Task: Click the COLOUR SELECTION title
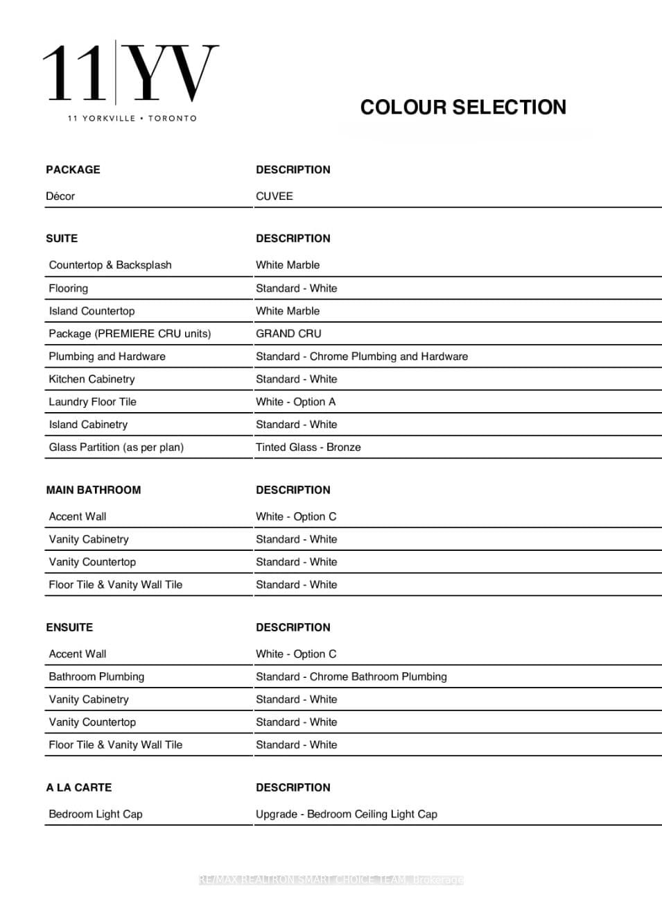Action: (x=463, y=108)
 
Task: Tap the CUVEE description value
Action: (x=275, y=196)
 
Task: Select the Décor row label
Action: (x=60, y=196)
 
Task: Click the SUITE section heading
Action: (x=62, y=239)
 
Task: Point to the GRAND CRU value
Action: (x=288, y=334)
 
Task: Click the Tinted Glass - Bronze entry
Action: (x=308, y=448)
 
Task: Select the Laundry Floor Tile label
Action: (x=92, y=402)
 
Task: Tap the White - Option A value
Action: (x=295, y=402)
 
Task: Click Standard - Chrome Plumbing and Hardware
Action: (x=361, y=357)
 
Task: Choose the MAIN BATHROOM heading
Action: (x=94, y=490)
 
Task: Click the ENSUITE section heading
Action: (x=69, y=627)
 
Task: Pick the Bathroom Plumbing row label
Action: (x=96, y=676)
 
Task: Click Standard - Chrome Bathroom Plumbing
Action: (x=351, y=676)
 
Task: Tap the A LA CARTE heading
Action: (x=79, y=787)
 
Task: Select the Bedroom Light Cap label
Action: (x=96, y=814)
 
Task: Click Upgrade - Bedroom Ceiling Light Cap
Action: (x=346, y=814)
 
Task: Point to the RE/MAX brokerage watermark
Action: (x=331, y=880)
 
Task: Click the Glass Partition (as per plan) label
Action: (x=116, y=448)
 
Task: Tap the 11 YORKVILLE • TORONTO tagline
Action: (x=132, y=119)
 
